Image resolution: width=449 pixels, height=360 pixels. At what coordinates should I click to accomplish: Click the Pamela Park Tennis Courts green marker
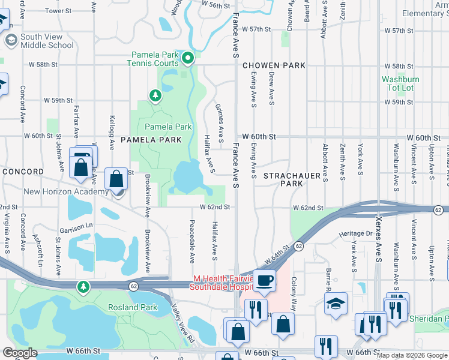188,58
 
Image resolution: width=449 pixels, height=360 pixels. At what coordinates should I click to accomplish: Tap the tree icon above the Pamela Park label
155,95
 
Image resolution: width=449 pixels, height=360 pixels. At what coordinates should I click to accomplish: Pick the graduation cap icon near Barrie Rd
336,304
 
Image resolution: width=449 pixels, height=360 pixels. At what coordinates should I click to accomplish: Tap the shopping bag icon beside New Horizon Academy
115,178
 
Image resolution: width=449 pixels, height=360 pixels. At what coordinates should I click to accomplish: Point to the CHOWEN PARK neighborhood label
274,65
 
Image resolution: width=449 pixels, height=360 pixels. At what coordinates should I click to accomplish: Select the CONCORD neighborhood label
23,172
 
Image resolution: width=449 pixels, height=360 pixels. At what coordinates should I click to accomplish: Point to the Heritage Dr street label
357,233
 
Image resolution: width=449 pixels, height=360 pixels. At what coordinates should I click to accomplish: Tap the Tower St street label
58,11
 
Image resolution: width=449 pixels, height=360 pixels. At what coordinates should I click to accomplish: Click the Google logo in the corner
20,353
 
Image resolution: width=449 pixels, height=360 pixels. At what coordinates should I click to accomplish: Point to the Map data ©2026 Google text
411,355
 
